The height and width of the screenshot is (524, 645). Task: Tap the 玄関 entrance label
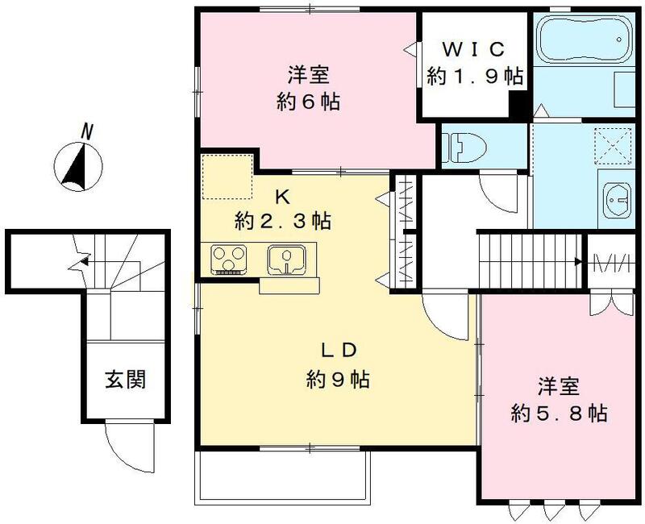[126, 379]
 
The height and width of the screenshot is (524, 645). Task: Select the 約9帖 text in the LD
[338, 379]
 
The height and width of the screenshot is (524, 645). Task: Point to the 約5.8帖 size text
[559, 414]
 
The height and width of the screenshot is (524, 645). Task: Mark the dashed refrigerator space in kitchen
[227, 176]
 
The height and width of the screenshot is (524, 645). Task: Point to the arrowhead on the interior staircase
[578, 261]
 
